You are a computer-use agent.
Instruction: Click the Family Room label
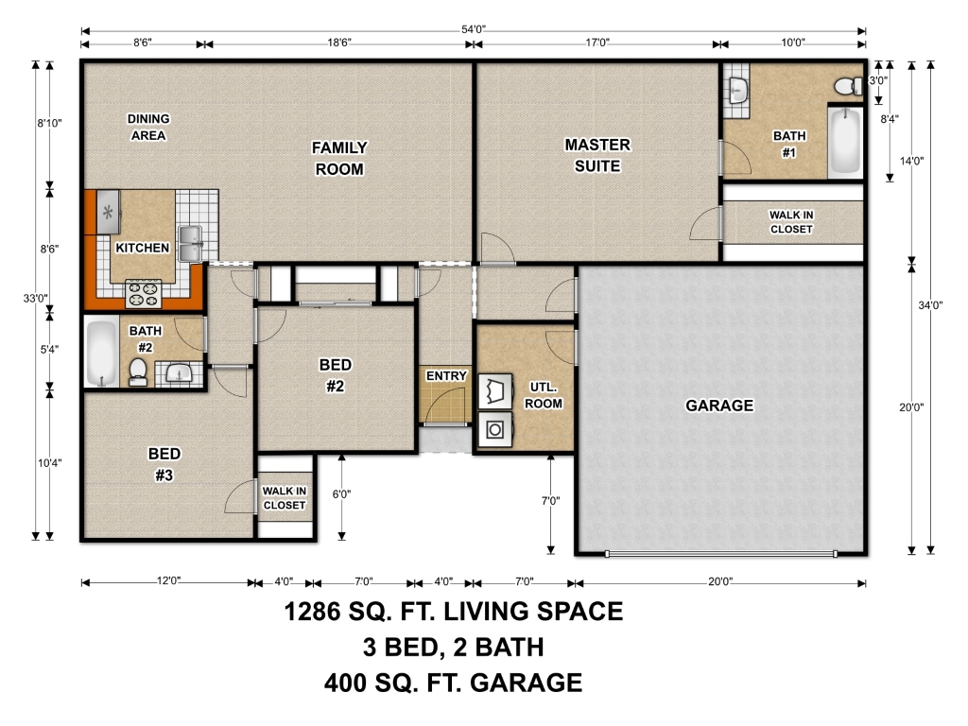click(x=339, y=158)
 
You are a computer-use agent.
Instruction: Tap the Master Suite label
click(x=597, y=155)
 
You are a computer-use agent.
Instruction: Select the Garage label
click(x=719, y=405)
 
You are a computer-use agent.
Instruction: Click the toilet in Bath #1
click(x=849, y=85)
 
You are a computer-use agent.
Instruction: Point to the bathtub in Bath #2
click(x=102, y=353)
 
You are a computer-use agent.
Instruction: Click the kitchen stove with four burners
click(x=144, y=294)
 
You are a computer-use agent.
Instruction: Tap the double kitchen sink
click(x=190, y=243)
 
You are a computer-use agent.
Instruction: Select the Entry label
click(x=446, y=375)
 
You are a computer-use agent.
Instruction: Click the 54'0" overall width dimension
click(x=474, y=29)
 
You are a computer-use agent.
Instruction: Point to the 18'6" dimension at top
click(x=339, y=43)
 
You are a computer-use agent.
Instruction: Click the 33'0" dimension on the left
click(x=35, y=298)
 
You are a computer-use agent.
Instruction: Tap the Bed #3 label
click(x=164, y=464)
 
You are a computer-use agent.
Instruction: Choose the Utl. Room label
click(x=544, y=395)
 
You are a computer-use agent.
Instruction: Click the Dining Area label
click(x=148, y=127)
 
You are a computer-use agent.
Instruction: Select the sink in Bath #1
click(x=737, y=90)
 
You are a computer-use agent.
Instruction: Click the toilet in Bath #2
click(x=138, y=372)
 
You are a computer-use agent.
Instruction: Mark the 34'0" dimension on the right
click(x=930, y=305)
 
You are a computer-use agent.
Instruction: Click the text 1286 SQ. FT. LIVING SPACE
click(x=453, y=612)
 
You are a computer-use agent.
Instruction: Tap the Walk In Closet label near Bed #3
click(x=284, y=497)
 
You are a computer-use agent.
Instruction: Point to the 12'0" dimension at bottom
click(x=168, y=581)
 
